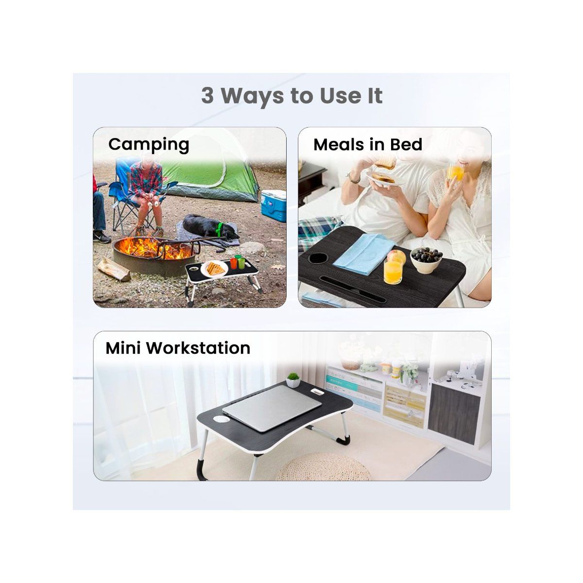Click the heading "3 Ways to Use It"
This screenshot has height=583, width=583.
point(291,96)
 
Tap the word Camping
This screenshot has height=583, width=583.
point(149,144)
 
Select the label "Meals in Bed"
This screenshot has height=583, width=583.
point(368,144)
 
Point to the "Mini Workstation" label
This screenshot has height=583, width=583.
point(178,348)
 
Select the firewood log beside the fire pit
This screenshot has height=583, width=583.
point(113,269)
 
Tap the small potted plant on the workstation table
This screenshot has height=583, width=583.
point(292,379)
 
